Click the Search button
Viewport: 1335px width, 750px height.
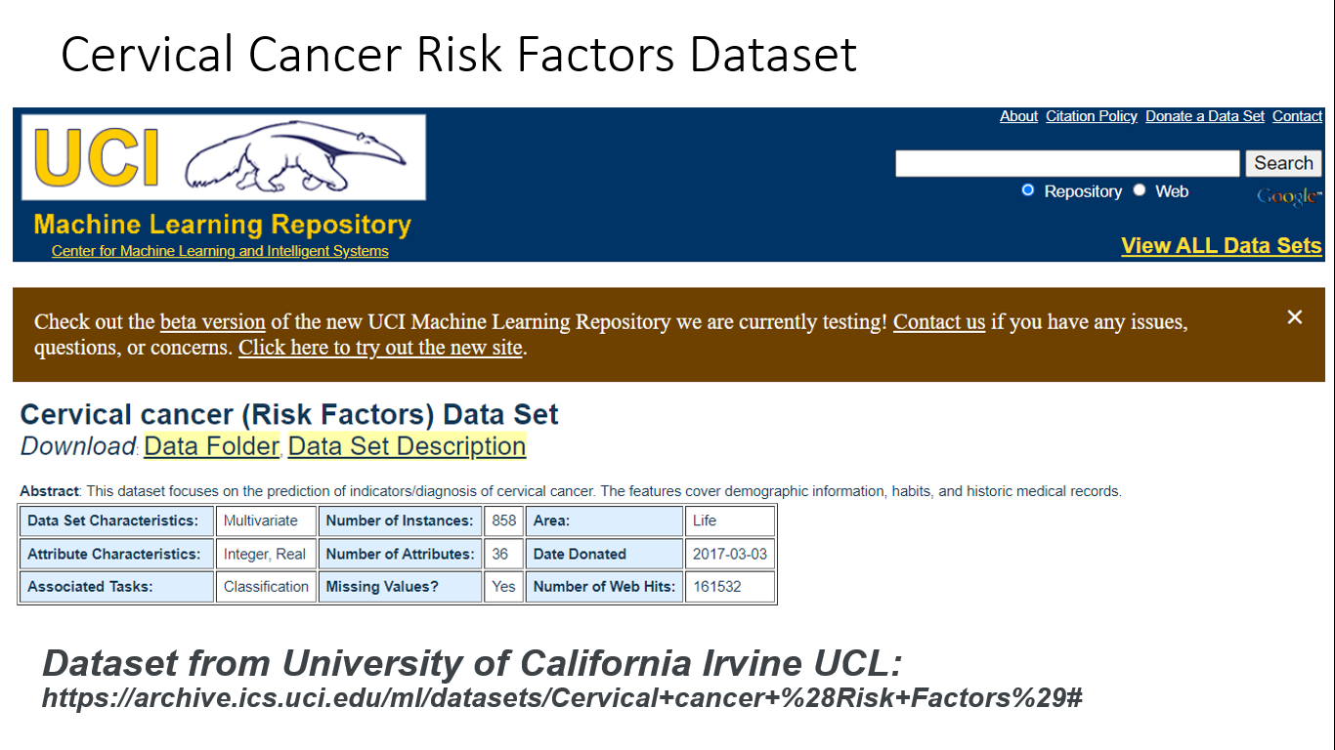click(1283, 163)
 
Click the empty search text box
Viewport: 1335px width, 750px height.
click(1067, 163)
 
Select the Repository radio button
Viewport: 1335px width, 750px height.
click(1027, 190)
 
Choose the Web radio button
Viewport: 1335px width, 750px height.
click(1140, 190)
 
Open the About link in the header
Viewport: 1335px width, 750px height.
click(1018, 116)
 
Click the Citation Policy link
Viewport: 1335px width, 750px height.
click(1091, 116)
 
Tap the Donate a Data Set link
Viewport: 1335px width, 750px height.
click(1205, 116)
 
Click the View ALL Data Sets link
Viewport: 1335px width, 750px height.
click(1221, 246)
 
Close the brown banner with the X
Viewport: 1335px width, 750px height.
click(1295, 317)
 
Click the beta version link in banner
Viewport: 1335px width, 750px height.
click(213, 322)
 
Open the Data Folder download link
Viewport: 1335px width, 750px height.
click(211, 446)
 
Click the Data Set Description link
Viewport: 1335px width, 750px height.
click(407, 446)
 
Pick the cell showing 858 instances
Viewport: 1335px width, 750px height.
click(503, 521)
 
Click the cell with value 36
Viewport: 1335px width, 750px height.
click(500, 554)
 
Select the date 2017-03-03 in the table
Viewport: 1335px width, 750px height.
click(729, 554)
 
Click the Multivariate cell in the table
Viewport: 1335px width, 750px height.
click(261, 521)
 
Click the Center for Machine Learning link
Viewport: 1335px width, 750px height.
click(220, 251)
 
